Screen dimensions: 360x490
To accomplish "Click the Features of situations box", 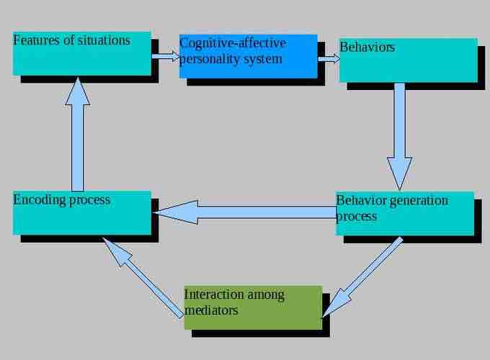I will click(82, 53).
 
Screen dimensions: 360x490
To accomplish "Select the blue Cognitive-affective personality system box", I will click(248, 56).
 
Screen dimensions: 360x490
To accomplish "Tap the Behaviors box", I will click(408, 60).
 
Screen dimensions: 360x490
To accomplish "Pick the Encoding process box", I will click(82, 213).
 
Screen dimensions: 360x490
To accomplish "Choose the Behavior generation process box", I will click(405, 214).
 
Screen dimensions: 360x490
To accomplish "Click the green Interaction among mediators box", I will click(253, 307).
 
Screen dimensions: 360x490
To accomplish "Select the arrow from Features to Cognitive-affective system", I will click(165, 55).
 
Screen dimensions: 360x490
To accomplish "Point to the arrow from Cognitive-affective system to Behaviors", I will click(329, 58).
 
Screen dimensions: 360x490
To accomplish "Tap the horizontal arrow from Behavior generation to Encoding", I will click(245, 212).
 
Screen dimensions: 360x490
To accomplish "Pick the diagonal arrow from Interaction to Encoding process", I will click(143, 278).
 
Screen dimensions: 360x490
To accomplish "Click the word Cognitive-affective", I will click(232, 44).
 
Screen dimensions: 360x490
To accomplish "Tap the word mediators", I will click(211, 310).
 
